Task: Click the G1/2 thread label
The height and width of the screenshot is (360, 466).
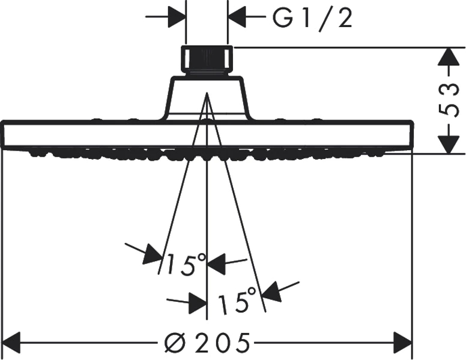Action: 313,19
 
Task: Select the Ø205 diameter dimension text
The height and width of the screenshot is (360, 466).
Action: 207,343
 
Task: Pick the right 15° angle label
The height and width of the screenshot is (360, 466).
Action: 237,300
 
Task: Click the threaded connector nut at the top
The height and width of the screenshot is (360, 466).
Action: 207,60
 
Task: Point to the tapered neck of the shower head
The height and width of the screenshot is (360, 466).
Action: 207,98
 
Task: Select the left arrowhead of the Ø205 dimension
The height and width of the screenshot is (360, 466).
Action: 11,343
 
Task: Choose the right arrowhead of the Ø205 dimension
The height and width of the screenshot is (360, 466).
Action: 403,343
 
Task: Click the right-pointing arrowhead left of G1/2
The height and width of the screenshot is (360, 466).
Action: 177,16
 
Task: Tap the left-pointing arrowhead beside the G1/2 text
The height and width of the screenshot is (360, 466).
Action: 237,16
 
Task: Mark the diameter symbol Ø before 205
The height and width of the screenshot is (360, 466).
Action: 175,343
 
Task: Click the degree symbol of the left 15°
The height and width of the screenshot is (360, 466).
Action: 201,257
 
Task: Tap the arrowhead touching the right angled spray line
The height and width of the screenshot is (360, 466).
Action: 271,292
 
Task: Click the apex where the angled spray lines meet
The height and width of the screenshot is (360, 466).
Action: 207,92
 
